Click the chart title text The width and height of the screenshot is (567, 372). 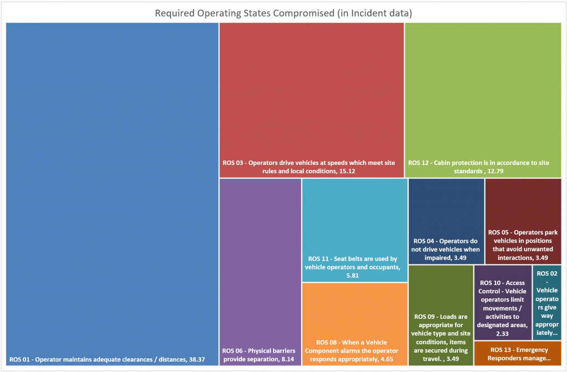pyautogui.click(x=283, y=13)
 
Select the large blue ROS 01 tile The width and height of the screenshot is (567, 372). pyautogui.click(x=112, y=188)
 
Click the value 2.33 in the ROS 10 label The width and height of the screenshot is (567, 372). pyautogui.click(x=503, y=334)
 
